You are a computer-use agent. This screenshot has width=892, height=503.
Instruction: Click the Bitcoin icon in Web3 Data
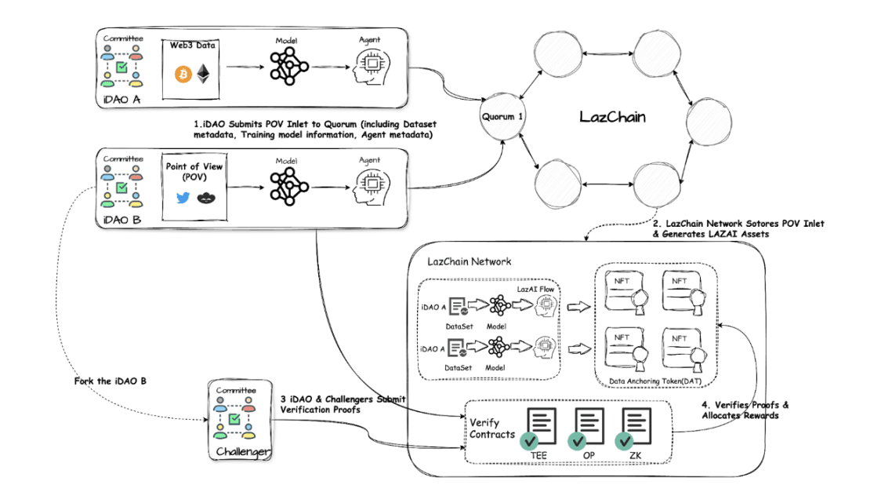(183, 75)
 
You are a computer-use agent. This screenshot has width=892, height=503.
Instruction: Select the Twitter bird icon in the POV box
(183, 198)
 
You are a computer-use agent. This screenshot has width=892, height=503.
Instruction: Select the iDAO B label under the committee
(121, 219)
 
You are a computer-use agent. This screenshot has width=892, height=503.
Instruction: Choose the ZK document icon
(633, 428)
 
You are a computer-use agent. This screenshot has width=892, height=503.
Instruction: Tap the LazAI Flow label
(536, 290)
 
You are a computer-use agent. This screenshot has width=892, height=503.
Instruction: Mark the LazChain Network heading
(469, 261)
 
